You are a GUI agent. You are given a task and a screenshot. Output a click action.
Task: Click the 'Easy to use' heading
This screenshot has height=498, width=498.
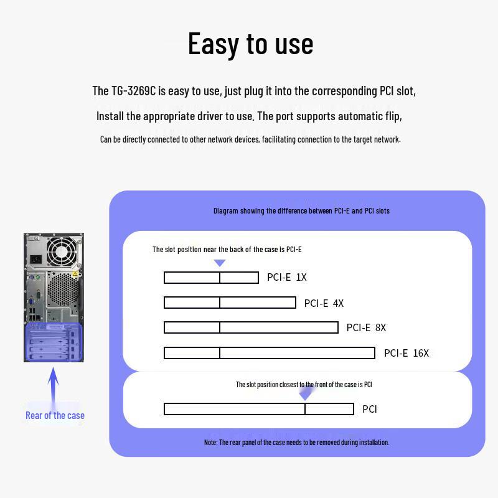pos(251,44)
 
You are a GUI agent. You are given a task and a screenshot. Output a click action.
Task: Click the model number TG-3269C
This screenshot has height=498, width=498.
pos(133,91)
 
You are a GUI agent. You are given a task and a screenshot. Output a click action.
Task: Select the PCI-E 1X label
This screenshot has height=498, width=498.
pos(287,277)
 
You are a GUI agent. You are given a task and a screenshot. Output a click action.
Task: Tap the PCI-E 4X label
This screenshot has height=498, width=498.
pos(324,303)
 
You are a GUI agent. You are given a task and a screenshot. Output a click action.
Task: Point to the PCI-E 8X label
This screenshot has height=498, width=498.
pos(366,327)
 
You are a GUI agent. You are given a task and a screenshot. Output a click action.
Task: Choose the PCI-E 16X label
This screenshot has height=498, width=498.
pos(406,353)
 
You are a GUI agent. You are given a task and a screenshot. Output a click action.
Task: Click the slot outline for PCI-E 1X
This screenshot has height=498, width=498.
pos(211,272)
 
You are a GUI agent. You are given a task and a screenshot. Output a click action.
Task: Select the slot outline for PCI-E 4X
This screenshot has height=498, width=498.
pos(230,298)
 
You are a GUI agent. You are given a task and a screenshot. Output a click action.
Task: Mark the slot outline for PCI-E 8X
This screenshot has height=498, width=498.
pos(251,322)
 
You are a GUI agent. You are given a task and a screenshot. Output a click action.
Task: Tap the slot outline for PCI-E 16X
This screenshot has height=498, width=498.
pos(270,347)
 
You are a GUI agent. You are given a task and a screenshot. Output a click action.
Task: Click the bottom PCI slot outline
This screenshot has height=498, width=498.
pos(259,403)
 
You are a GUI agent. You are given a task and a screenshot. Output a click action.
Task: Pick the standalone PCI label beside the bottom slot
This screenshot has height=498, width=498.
pos(370,409)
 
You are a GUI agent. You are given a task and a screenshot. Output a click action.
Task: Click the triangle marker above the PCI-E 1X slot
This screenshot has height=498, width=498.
pos(220,263)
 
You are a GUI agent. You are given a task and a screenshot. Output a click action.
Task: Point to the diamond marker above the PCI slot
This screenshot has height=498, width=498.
pos(306,393)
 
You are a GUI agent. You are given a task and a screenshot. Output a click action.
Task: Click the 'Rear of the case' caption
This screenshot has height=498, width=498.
pos(55,415)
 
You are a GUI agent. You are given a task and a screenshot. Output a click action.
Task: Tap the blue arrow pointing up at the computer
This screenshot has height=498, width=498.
pos(53,386)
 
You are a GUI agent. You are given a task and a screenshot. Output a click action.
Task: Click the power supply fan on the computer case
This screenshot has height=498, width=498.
pos(62,251)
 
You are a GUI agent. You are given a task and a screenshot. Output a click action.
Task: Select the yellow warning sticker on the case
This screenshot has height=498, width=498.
pos(75,274)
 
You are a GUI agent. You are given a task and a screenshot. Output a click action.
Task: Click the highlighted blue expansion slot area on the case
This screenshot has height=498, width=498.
pos(54,342)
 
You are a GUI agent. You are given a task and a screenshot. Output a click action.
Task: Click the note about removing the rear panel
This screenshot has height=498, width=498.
pos(297,443)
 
